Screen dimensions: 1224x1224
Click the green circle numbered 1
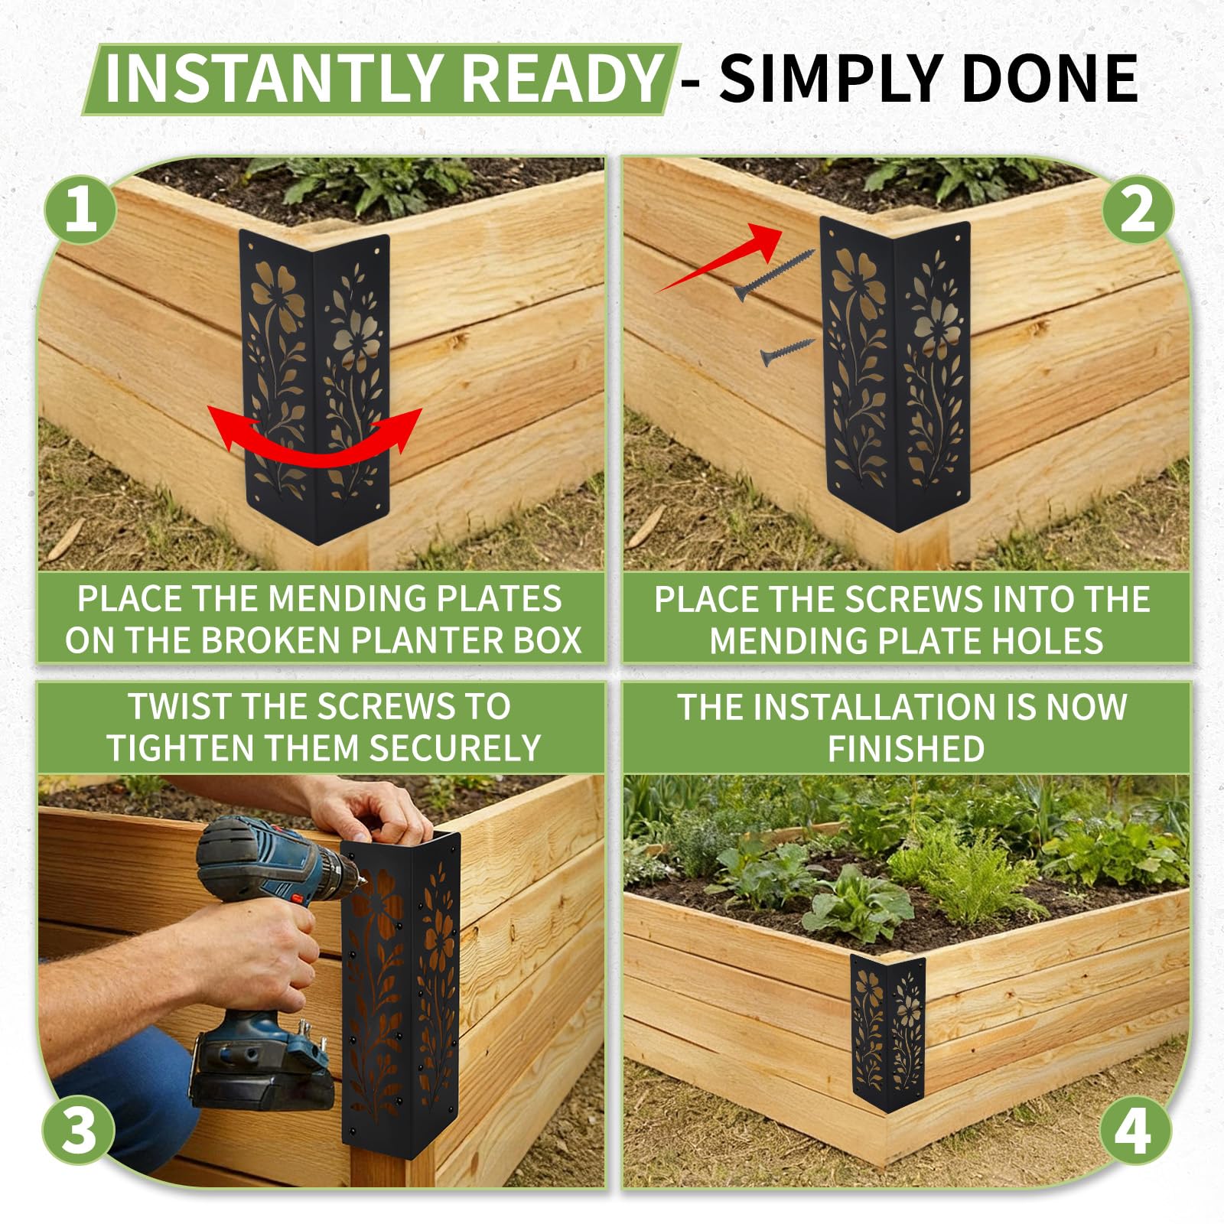(80, 208)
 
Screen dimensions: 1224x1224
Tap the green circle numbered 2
(1138, 208)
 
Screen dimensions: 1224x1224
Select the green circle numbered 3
(78, 1130)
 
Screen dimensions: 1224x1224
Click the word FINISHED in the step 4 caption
(907, 748)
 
